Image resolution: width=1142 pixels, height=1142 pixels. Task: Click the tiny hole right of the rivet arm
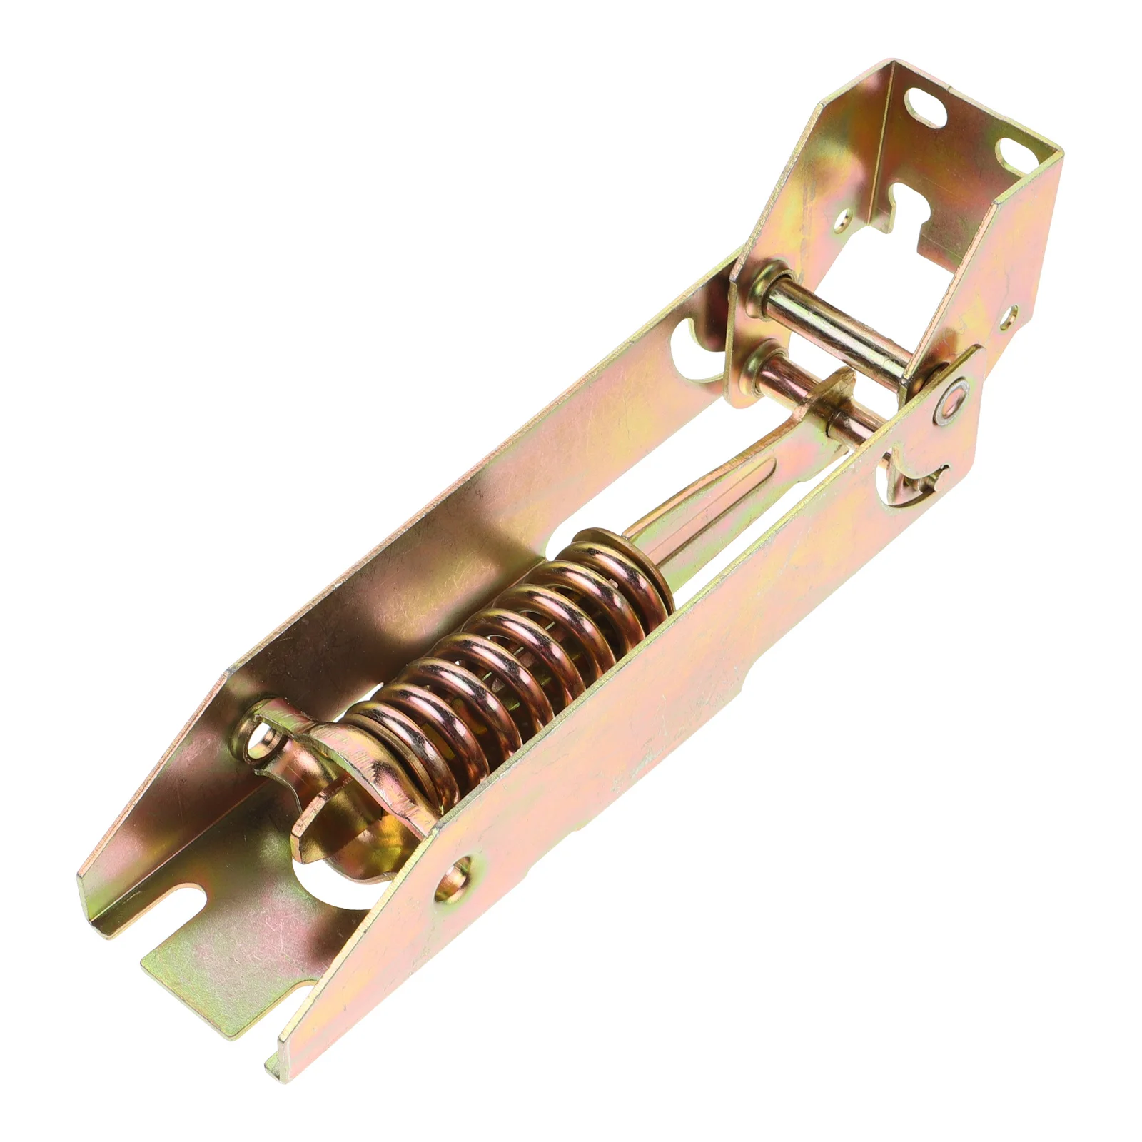click(x=1012, y=313)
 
